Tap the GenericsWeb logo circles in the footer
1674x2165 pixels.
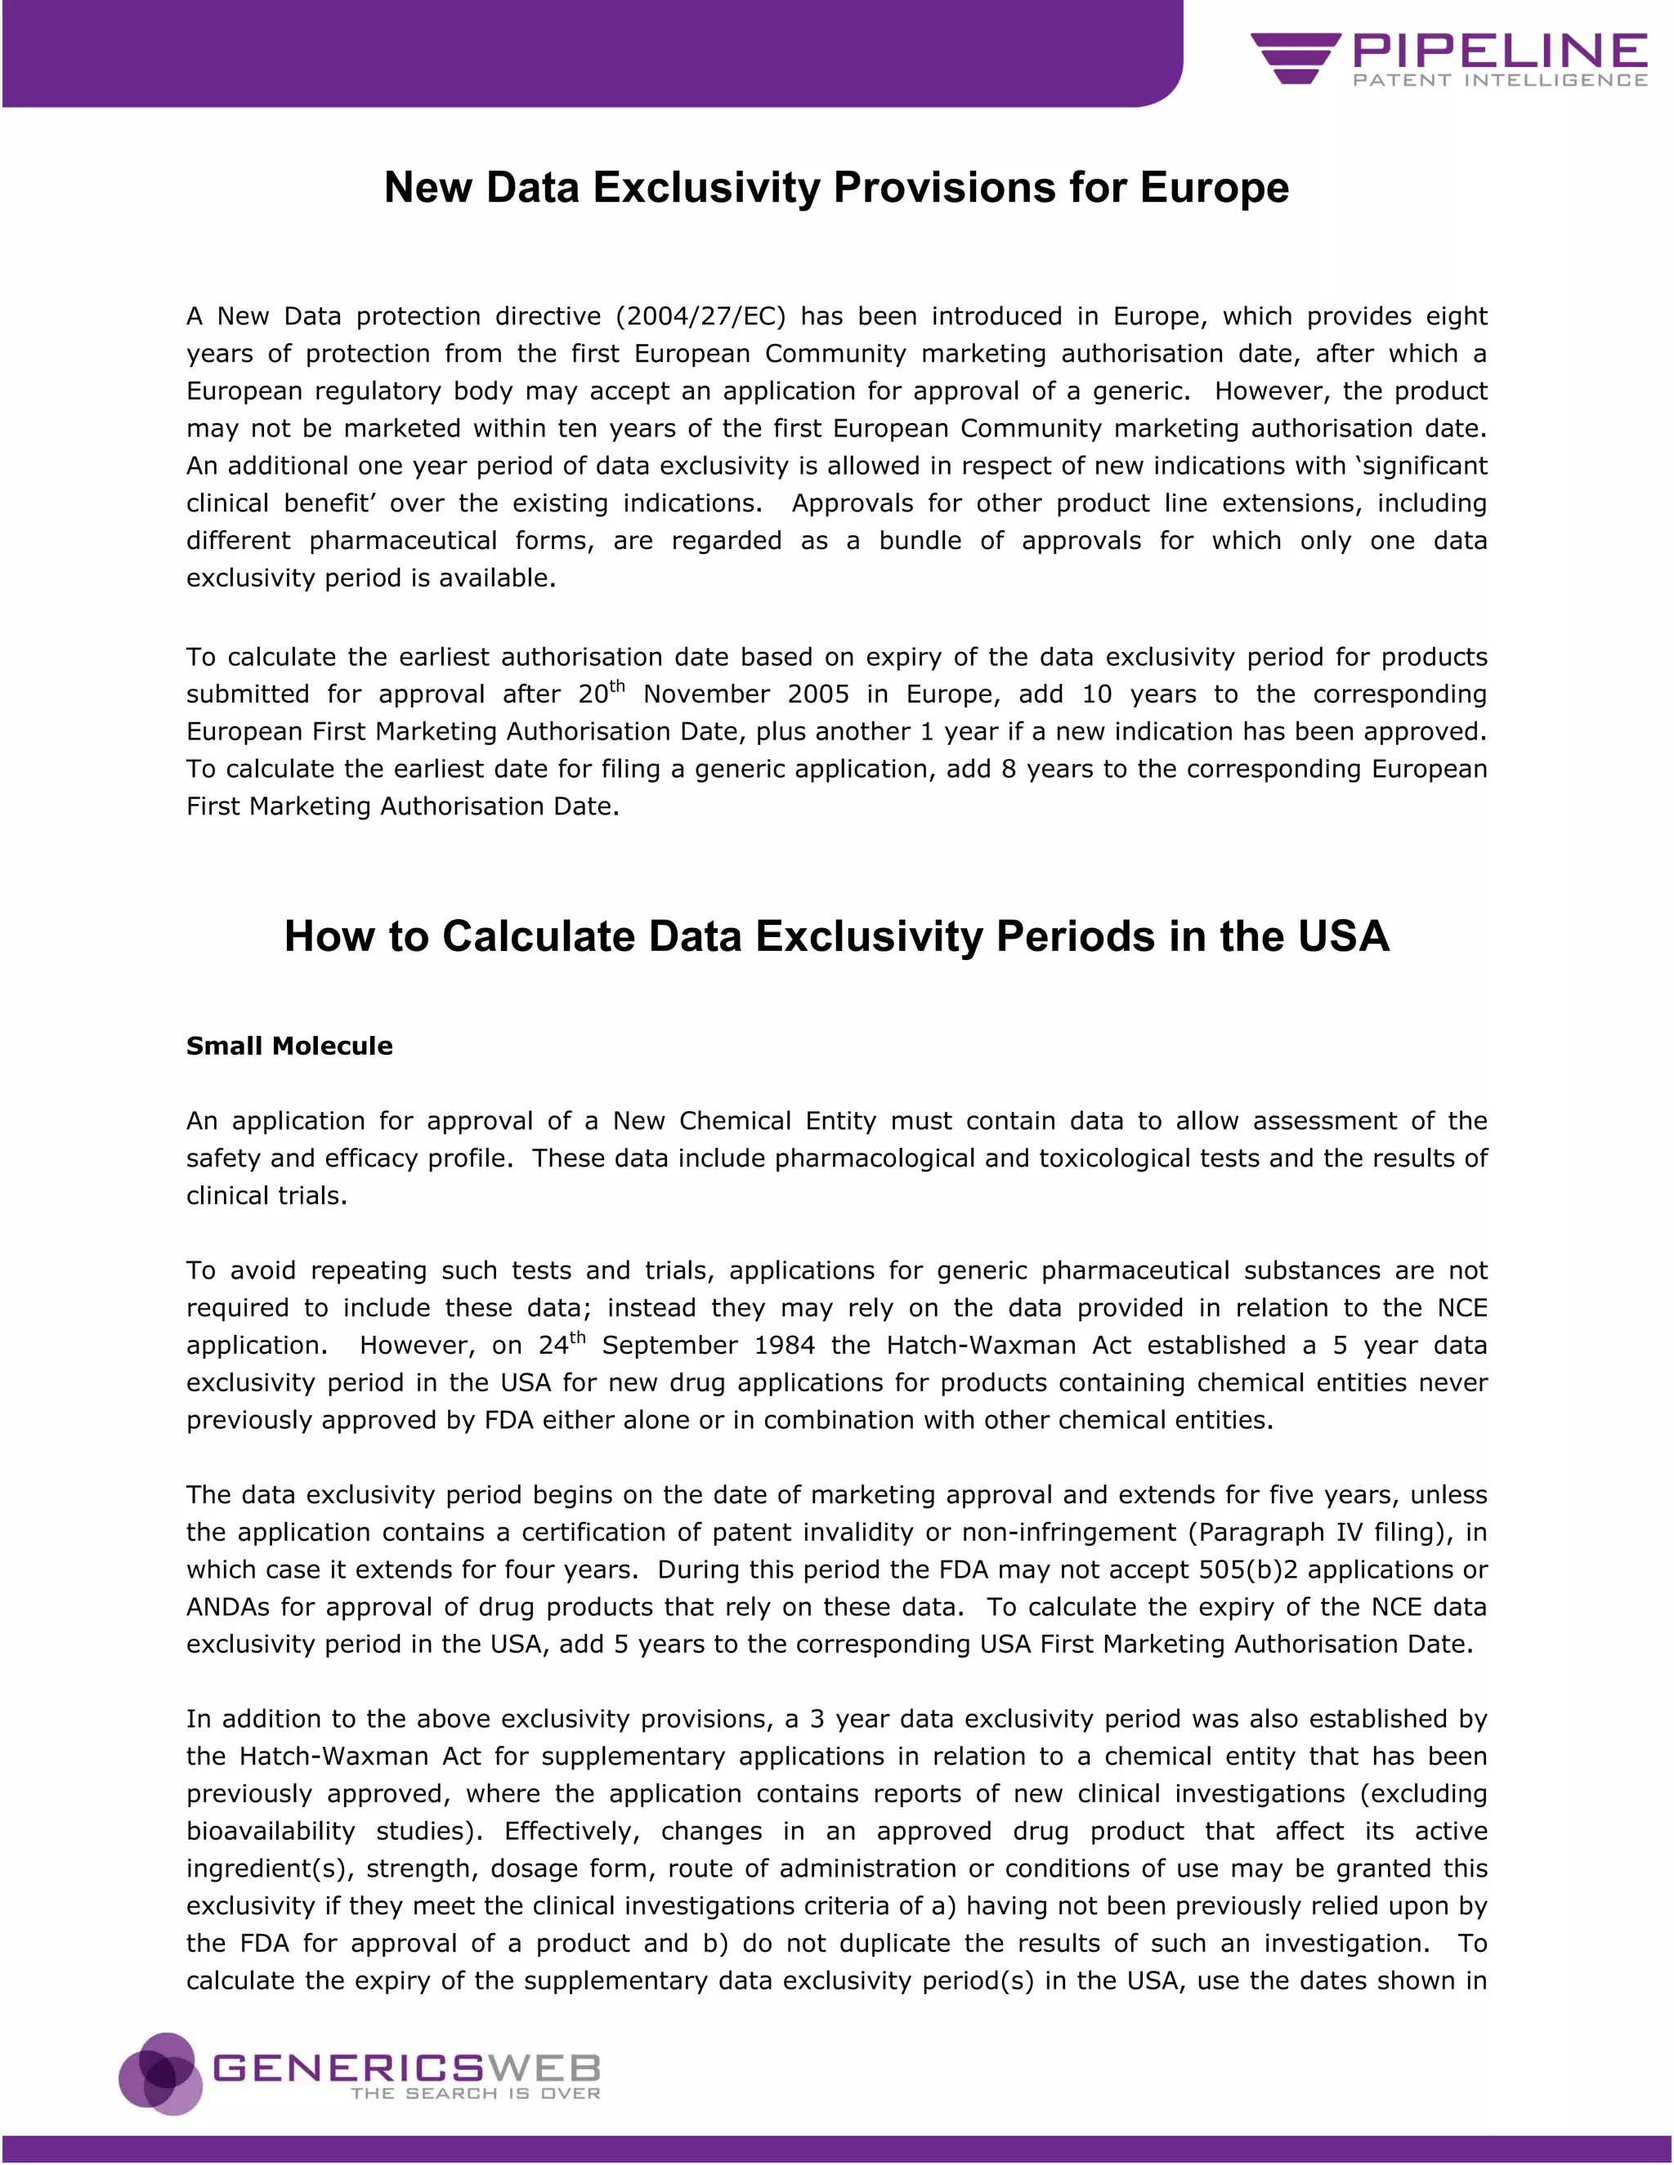point(159,2073)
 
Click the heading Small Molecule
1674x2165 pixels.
point(289,1046)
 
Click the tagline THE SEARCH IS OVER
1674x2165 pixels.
point(475,2094)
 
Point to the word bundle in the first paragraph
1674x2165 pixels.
point(921,541)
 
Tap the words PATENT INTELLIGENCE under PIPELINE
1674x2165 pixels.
point(1499,80)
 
